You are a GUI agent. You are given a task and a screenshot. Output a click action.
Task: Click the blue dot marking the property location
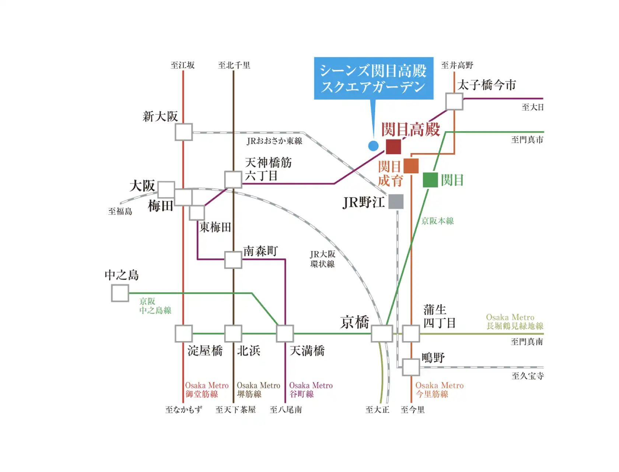click(373, 146)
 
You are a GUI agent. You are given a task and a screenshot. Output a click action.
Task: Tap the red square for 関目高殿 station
click(393, 146)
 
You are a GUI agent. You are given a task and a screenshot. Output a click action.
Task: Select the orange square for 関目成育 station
click(411, 166)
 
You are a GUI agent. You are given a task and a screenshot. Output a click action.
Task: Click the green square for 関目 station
click(430, 180)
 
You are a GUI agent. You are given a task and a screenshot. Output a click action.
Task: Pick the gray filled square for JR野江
click(396, 202)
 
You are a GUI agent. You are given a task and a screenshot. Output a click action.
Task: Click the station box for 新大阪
click(183, 132)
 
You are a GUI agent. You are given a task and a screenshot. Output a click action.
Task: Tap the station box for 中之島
click(120, 293)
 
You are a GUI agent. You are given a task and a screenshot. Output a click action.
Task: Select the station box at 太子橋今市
click(454, 101)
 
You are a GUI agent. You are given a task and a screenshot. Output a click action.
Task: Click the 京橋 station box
click(382, 334)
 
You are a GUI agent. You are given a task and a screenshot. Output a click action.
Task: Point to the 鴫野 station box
click(410, 367)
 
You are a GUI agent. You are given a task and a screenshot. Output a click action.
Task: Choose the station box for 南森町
click(233, 260)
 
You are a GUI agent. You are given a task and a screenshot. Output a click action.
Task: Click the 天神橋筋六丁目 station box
click(233, 180)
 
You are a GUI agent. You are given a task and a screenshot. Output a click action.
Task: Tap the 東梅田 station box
click(197, 213)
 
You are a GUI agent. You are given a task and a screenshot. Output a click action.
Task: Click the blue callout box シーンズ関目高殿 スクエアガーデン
click(373, 79)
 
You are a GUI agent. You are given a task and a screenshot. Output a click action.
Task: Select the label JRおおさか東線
click(274, 141)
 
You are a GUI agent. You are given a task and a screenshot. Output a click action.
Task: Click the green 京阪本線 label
click(437, 221)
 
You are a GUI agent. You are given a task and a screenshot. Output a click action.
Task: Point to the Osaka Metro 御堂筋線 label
click(206, 390)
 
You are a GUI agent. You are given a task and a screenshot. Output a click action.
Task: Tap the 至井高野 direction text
click(457, 65)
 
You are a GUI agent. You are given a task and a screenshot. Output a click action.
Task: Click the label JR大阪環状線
click(322, 259)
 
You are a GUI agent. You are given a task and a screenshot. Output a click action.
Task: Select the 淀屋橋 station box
click(183, 334)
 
